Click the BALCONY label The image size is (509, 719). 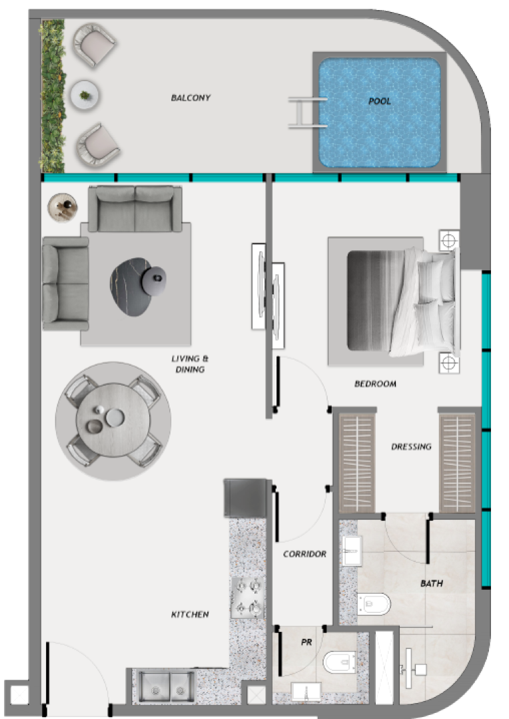click(191, 98)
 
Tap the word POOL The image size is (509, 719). click(380, 101)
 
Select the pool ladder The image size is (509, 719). click(307, 112)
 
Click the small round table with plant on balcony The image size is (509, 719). click(85, 95)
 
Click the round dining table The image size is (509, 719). click(113, 421)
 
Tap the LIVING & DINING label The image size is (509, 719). click(190, 363)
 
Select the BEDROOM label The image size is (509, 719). click(375, 384)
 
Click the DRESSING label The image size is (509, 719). click(411, 447)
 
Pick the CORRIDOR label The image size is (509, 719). click(304, 554)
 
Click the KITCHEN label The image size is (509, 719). click(190, 614)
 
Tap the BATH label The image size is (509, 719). click(432, 583)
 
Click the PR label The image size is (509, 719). click(306, 642)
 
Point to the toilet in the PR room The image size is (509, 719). click(340, 663)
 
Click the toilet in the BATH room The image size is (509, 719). click(374, 604)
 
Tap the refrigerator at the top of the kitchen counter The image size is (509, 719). click(246, 498)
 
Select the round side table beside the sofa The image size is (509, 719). click(63, 207)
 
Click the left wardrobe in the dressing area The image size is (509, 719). click(356, 462)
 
